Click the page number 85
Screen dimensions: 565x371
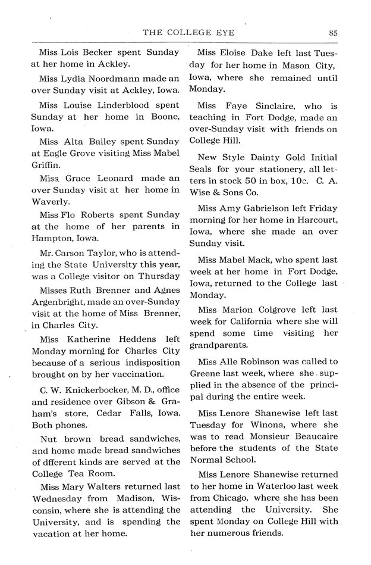[x=333, y=33]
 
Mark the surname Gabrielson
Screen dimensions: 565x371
[x=283, y=208]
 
